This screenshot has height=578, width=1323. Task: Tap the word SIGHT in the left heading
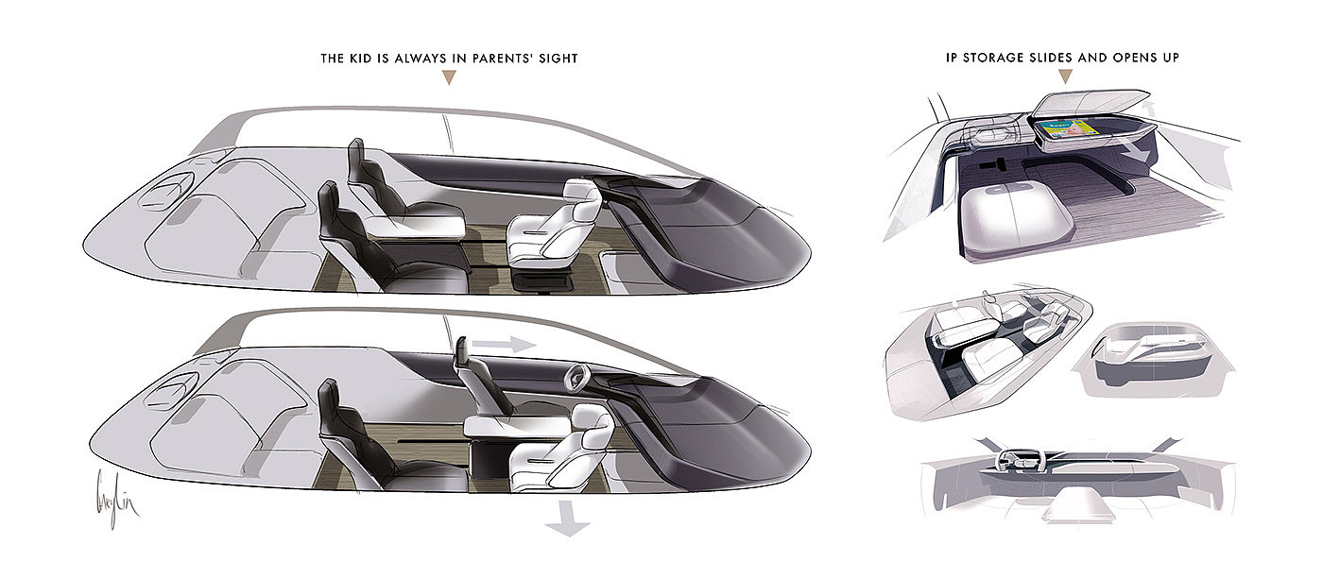click(557, 59)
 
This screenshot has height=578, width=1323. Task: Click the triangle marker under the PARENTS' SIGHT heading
click(449, 79)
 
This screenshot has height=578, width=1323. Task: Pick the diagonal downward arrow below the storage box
click(1140, 150)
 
